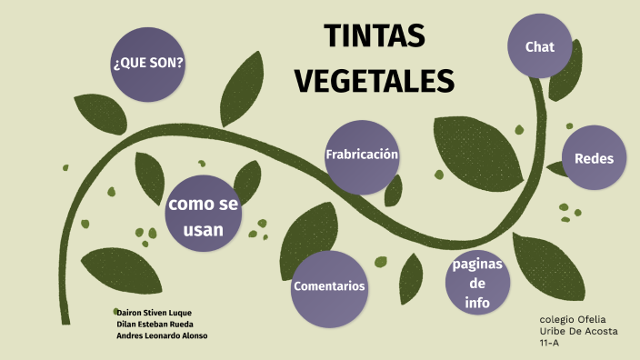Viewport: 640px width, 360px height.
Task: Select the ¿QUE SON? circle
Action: [147, 64]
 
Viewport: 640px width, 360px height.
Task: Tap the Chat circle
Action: [540, 46]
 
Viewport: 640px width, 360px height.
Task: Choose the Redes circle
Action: [595, 158]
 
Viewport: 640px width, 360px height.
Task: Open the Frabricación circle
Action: [362, 155]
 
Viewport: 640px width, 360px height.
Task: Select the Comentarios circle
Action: [329, 287]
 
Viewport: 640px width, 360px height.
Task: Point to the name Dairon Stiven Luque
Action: [155, 313]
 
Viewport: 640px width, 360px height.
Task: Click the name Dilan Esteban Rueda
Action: [155, 324]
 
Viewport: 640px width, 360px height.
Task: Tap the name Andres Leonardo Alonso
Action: [162, 335]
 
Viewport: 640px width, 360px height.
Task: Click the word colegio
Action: [556, 320]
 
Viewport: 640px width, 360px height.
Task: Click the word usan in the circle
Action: [203, 230]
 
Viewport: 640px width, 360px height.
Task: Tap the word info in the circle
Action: [478, 303]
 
